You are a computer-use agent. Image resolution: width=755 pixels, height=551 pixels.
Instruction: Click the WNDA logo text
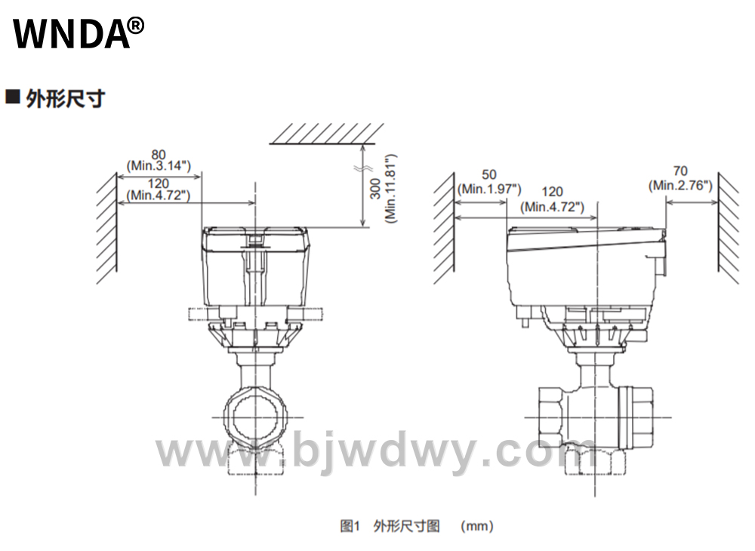[x=71, y=34]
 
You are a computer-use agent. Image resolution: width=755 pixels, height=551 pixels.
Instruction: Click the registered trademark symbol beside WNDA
[x=136, y=26]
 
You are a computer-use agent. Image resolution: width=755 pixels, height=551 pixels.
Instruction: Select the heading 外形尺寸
[x=66, y=99]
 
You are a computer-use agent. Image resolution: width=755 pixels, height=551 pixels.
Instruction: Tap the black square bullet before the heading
[x=13, y=97]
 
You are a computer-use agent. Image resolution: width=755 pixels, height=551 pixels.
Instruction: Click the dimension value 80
[x=159, y=155]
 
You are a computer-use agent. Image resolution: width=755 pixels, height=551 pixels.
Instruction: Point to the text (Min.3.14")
[x=159, y=166]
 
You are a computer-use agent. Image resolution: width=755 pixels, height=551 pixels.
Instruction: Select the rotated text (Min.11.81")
[x=390, y=188]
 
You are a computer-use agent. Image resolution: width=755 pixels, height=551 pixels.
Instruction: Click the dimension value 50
[x=488, y=174]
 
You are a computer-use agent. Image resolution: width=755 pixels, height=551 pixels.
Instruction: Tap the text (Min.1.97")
[x=489, y=189]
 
